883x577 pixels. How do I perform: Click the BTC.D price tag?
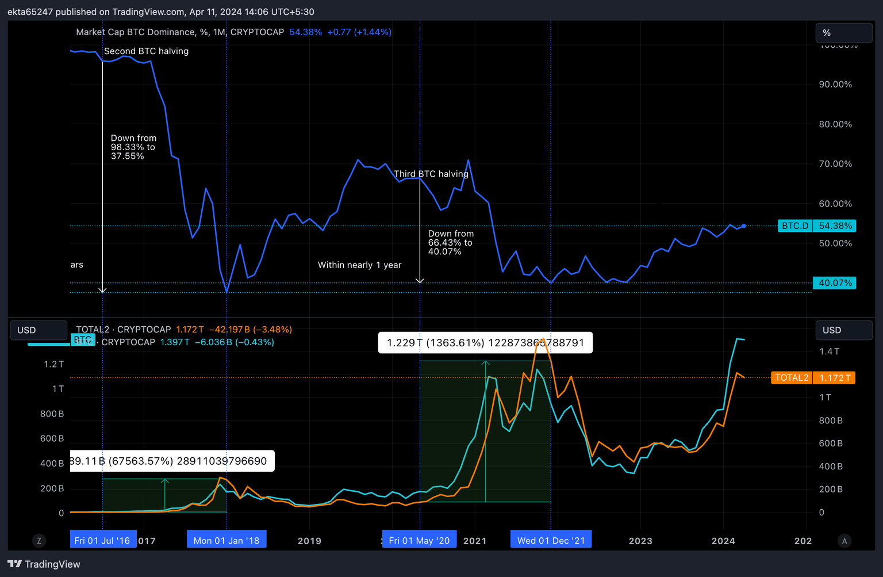pyautogui.click(x=816, y=226)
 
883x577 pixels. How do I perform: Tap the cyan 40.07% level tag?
pyautogui.click(x=835, y=283)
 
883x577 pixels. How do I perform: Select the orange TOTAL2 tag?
pyautogui.click(x=813, y=378)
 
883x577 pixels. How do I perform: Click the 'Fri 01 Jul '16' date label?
pyautogui.click(x=103, y=540)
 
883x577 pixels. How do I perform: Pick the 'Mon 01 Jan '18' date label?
pyautogui.click(x=226, y=540)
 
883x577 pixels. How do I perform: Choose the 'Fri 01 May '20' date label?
pyautogui.click(x=419, y=540)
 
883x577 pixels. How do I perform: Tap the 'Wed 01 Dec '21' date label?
pyautogui.click(x=551, y=540)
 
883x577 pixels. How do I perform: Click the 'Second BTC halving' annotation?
pyautogui.click(x=146, y=51)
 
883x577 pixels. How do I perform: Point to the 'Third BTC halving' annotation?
pyautogui.click(x=431, y=174)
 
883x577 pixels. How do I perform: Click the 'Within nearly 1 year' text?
pyautogui.click(x=360, y=265)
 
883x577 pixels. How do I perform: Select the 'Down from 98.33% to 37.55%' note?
pyautogui.click(x=133, y=147)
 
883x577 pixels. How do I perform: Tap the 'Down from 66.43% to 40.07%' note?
pyautogui.click(x=451, y=243)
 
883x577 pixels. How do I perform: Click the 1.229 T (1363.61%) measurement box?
pyautogui.click(x=485, y=343)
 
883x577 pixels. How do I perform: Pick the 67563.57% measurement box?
pyautogui.click(x=171, y=461)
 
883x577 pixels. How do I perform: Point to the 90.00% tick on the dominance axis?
pyautogui.click(x=835, y=85)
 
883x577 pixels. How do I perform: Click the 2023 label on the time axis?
pyautogui.click(x=640, y=541)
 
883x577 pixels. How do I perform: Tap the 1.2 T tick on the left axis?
pyautogui.click(x=54, y=364)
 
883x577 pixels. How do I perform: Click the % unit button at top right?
pyautogui.click(x=843, y=33)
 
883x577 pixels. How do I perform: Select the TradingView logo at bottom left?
pyautogui.click(x=44, y=564)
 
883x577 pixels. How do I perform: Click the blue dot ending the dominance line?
pyautogui.click(x=744, y=226)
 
